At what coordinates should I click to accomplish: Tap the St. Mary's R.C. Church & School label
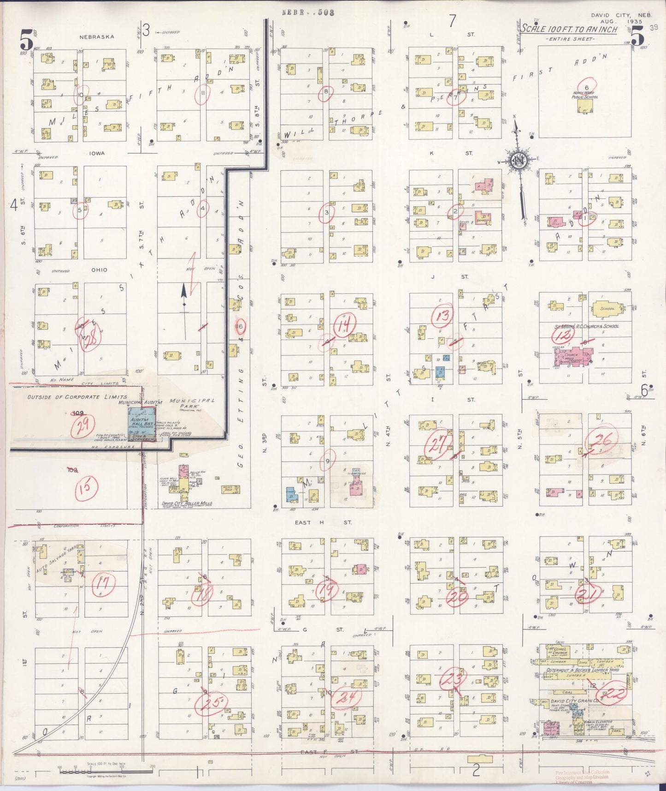[x=586, y=326]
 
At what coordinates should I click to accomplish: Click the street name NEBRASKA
[x=96, y=37]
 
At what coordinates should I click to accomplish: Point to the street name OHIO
[x=99, y=270]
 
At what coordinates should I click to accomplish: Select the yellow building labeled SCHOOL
[x=607, y=309]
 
